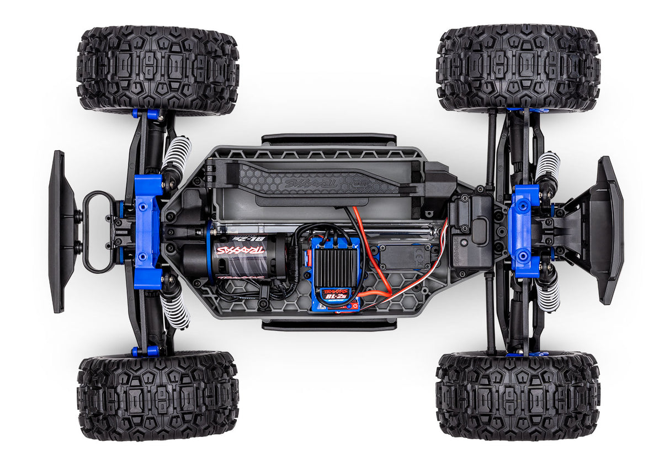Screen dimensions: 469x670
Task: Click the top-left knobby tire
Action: [x=158, y=70]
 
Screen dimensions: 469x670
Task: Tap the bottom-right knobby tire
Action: [x=518, y=396]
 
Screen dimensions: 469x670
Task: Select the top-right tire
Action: [x=518, y=68]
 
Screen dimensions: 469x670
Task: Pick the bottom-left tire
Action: [x=158, y=396]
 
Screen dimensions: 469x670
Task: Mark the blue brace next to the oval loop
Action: [x=147, y=232]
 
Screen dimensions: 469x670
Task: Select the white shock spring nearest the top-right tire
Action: [x=548, y=166]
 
